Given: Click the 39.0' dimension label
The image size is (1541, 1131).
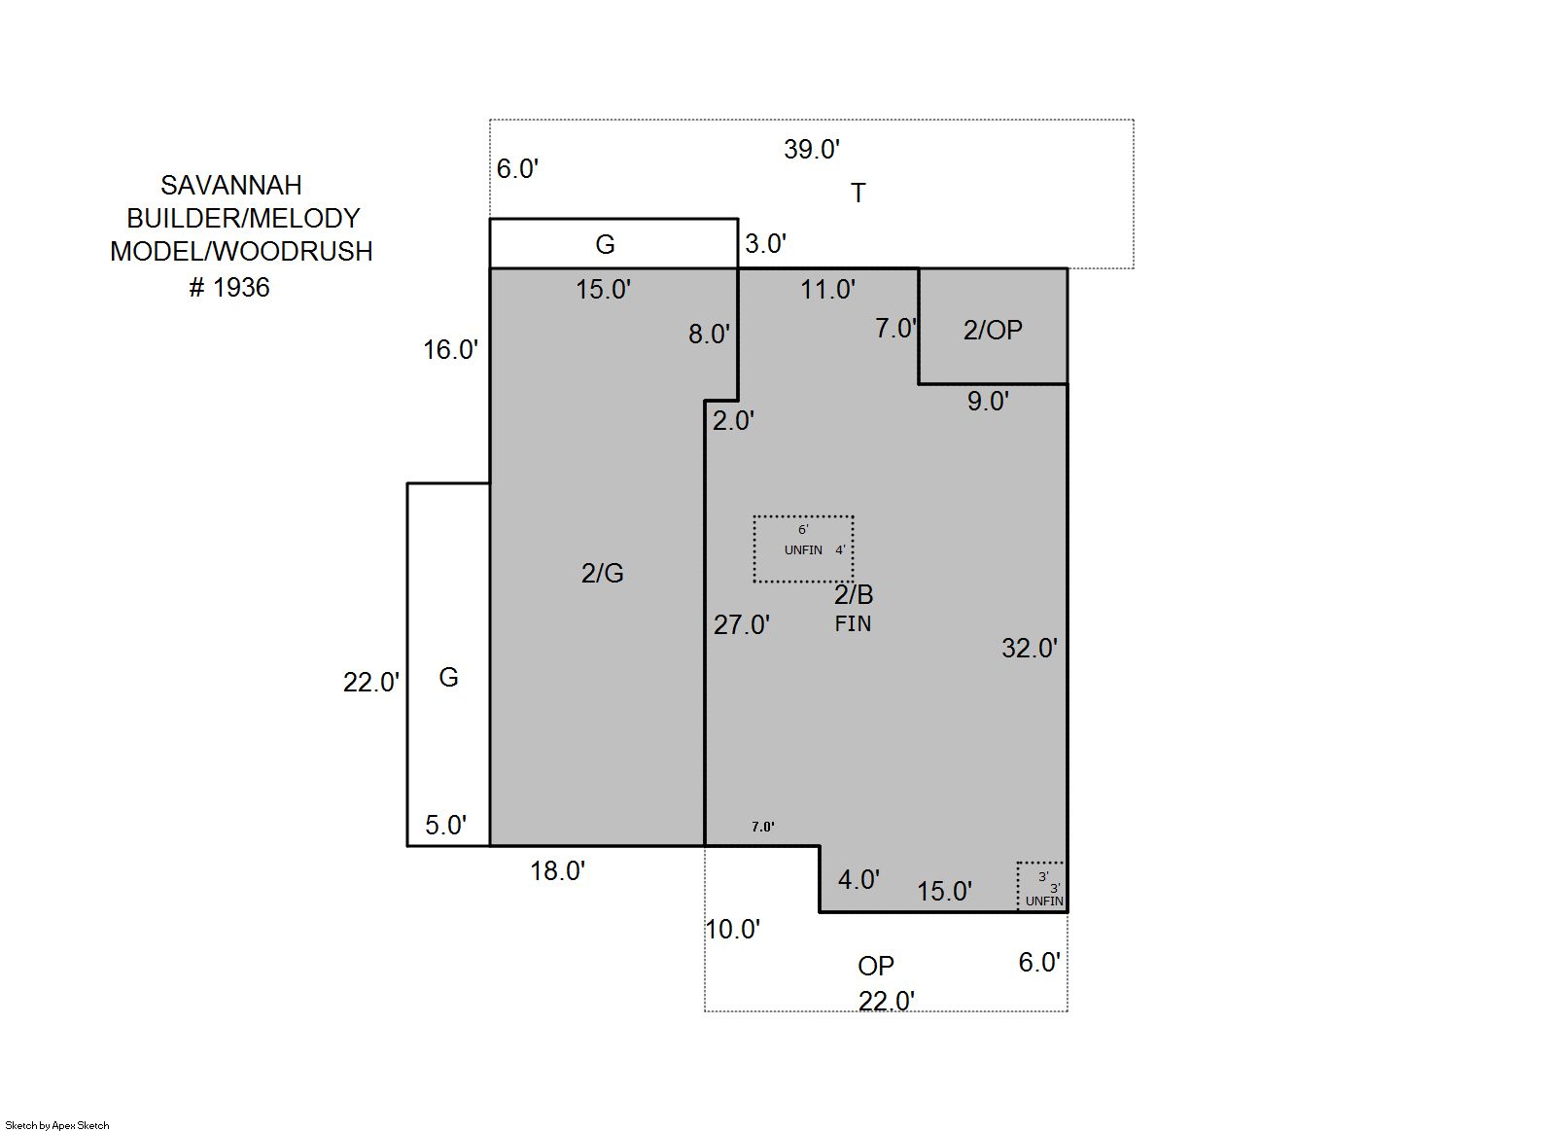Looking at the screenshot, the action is [812, 150].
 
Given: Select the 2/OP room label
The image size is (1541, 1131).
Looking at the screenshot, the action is [992, 331].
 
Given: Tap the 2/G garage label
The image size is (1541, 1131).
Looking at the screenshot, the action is [602, 573].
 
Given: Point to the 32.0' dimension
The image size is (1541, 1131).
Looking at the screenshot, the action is [1030, 648].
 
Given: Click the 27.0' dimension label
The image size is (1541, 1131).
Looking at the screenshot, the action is [742, 624].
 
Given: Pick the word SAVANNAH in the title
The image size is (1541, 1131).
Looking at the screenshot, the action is [231, 185].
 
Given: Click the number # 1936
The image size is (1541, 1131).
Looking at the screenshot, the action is [229, 288].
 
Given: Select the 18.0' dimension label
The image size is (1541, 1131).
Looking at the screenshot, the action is [557, 871].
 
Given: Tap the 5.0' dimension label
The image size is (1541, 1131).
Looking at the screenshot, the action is [446, 825].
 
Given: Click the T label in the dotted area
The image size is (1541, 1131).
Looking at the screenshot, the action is [858, 193].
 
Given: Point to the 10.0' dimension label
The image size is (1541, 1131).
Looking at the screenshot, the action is [733, 930].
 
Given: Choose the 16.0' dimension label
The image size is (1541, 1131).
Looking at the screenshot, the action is [450, 349].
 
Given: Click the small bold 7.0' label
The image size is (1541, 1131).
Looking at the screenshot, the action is [763, 827].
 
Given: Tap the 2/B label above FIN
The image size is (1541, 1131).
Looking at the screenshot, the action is [854, 594].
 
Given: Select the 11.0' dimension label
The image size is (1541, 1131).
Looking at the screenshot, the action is [827, 290].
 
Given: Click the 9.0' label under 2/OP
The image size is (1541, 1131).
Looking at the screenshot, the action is [988, 401].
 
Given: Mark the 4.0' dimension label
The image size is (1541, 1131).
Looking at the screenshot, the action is [858, 879].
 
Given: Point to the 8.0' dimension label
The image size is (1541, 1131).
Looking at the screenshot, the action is [710, 335].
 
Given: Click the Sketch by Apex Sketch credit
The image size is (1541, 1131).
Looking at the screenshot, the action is [57, 1125].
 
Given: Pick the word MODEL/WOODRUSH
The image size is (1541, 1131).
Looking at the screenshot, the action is [241, 252].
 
